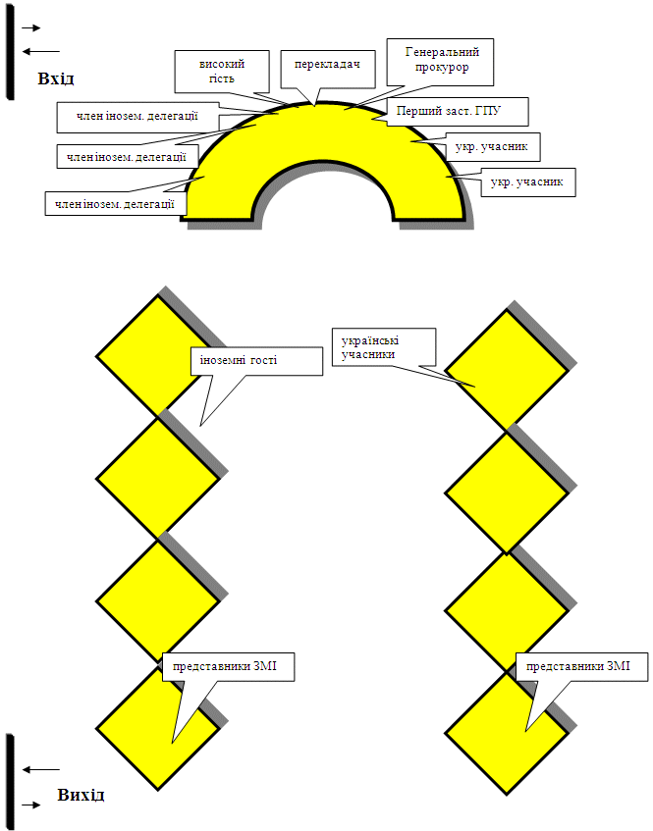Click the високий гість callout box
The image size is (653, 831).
click(x=222, y=72)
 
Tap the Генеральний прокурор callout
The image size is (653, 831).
click(x=440, y=62)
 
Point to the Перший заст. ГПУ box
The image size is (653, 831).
click(x=458, y=111)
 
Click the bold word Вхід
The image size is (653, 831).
click(x=56, y=78)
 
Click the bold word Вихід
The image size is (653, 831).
click(x=81, y=795)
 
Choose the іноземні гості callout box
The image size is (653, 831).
click(x=256, y=361)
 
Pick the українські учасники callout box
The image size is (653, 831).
click(x=384, y=347)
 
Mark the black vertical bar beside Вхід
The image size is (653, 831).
click(x=10, y=51)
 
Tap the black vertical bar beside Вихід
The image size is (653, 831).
click(x=10, y=782)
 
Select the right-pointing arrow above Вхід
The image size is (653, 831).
click(x=31, y=27)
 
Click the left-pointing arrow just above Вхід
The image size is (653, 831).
click(x=41, y=51)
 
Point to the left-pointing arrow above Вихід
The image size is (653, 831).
click(x=41, y=769)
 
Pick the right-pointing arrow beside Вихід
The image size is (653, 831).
click(x=31, y=805)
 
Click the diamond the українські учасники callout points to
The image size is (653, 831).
click(x=507, y=371)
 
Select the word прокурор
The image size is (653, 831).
click(x=442, y=68)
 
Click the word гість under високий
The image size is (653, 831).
click(x=222, y=78)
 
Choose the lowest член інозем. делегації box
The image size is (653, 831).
click(x=116, y=203)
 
